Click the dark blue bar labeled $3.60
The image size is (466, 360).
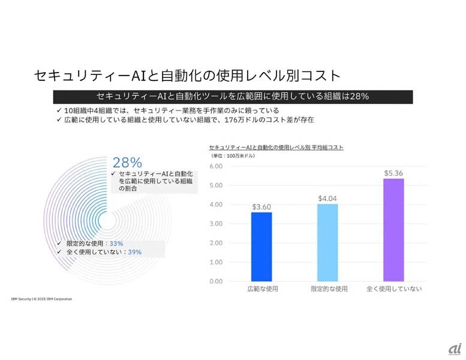[x=261, y=247]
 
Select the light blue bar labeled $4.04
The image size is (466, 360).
[x=327, y=242]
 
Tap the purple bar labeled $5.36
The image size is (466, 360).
[x=393, y=230]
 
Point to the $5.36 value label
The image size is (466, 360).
[x=393, y=173]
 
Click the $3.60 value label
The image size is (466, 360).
[x=261, y=207]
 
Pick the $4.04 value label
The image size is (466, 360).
[x=327, y=199]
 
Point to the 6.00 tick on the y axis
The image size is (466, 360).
[x=217, y=166]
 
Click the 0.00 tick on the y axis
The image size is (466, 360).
[x=217, y=281]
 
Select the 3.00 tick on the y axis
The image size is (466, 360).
[x=217, y=224]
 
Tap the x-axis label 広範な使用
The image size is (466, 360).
[x=262, y=289]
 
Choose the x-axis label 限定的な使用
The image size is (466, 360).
[x=329, y=289]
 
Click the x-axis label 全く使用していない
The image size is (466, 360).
[x=394, y=289]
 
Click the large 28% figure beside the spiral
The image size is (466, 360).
[x=127, y=163]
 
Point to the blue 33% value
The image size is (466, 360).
[x=116, y=244]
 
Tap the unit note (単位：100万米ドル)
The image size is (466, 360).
[x=234, y=155]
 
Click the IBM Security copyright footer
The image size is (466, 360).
[x=41, y=298]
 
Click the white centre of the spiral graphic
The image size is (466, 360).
[x=109, y=220]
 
